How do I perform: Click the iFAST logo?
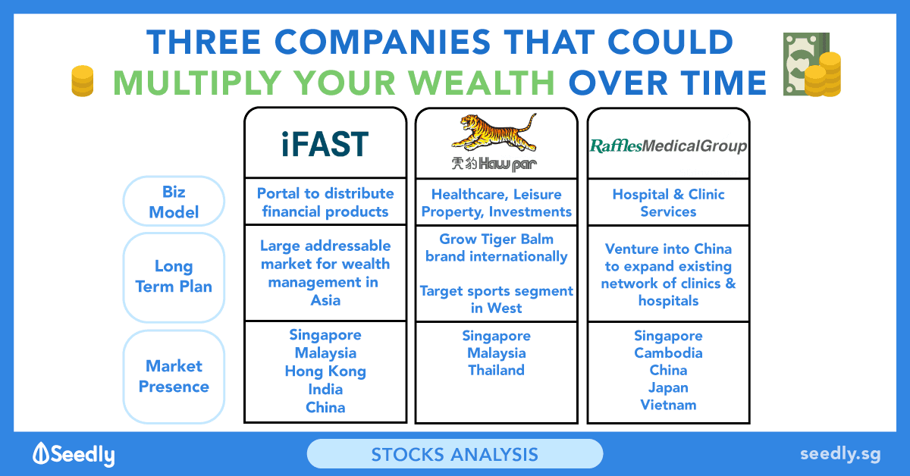pyautogui.click(x=325, y=144)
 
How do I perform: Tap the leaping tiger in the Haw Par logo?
pyautogui.click(x=494, y=133)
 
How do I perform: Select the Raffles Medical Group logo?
pyautogui.click(x=668, y=146)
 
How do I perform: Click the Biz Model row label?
pyautogui.click(x=174, y=202)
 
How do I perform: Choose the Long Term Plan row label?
pyautogui.click(x=174, y=277)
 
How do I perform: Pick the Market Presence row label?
pyautogui.click(x=174, y=377)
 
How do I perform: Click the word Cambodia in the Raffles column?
pyautogui.click(x=668, y=353)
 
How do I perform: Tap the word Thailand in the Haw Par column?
pyautogui.click(x=497, y=371)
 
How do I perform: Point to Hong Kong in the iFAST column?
pyautogui.click(x=325, y=371)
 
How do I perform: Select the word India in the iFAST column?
pyautogui.click(x=325, y=390)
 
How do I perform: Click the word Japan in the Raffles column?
pyautogui.click(x=668, y=388)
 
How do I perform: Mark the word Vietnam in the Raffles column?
pyautogui.click(x=668, y=405)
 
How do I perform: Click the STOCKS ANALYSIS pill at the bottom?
pyautogui.click(x=455, y=454)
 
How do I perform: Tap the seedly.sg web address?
pyautogui.click(x=840, y=454)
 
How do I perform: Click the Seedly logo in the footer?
pyautogui.click(x=74, y=454)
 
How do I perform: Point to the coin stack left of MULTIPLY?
pyautogui.click(x=83, y=81)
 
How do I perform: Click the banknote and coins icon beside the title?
pyautogui.click(x=812, y=64)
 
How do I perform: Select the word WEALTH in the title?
pyautogui.click(x=482, y=83)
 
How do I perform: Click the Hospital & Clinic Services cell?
pyautogui.click(x=668, y=202)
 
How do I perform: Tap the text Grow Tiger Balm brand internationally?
pyautogui.click(x=497, y=248)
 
